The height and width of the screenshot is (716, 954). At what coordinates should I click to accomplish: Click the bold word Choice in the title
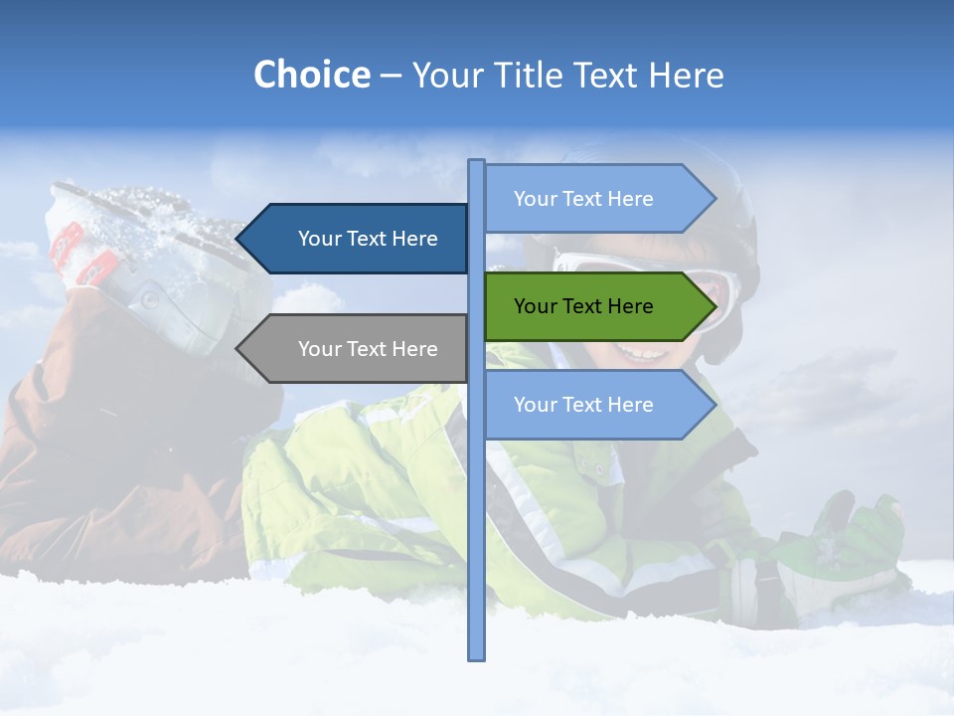(311, 75)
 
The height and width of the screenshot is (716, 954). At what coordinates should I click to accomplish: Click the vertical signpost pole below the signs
(476, 547)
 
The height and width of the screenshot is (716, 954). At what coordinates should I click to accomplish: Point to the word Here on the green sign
(630, 306)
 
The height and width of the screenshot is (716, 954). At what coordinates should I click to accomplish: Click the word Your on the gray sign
(318, 349)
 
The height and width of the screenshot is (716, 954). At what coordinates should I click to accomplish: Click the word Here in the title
(686, 75)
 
